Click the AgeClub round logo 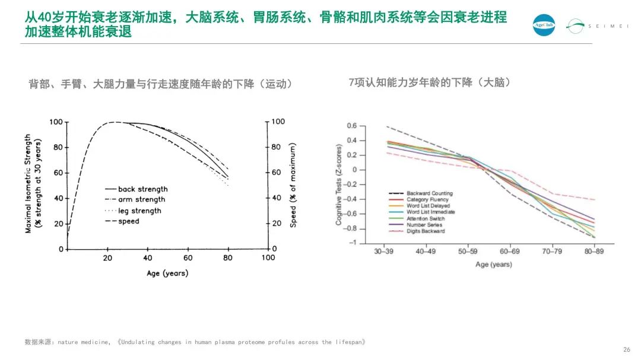click(x=544, y=26)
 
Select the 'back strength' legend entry click(x=142, y=189)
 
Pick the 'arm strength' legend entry click(x=141, y=200)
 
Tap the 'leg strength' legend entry click(x=139, y=211)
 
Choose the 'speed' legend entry click(x=129, y=221)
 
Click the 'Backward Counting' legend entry click(x=429, y=193)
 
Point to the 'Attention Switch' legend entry click(x=426, y=218)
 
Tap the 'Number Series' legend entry click(x=424, y=225)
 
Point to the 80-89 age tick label click(x=594, y=252)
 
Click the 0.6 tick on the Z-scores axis click(x=352, y=126)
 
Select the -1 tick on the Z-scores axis click(x=354, y=243)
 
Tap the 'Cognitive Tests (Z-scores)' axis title click(x=339, y=184)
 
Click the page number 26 click(x=626, y=349)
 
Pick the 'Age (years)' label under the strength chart click(x=167, y=273)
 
